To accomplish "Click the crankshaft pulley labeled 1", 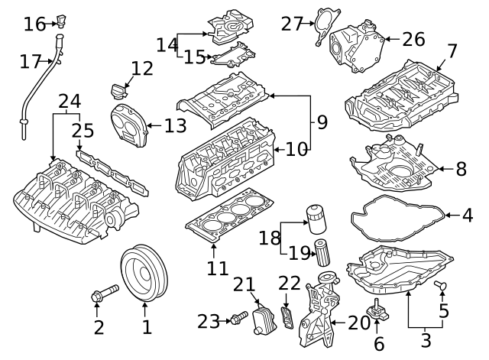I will pyautogui.click(x=144, y=273).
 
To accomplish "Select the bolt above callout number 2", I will pyautogui.click(x=104, y=291).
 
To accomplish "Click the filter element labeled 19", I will pyautogui.click(x=322, y=253).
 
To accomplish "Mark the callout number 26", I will pyautogui.click(x=413, y=37).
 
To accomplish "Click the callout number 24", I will pyautogui.click(x=69, y=101).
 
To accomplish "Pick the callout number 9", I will pyautogui.click(x=321, y=120).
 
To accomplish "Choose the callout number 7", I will pyautogui.click(x=452, y=52).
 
